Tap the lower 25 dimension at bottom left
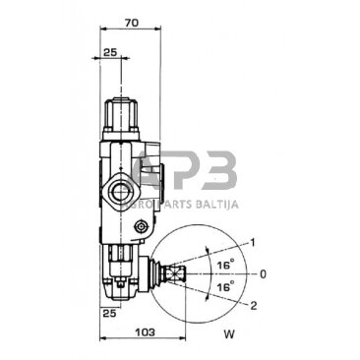pyautogui.click(x=109, y=312)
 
